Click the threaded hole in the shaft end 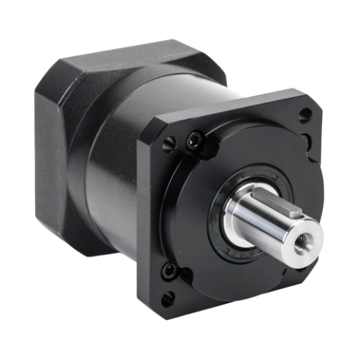pos(301,238)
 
